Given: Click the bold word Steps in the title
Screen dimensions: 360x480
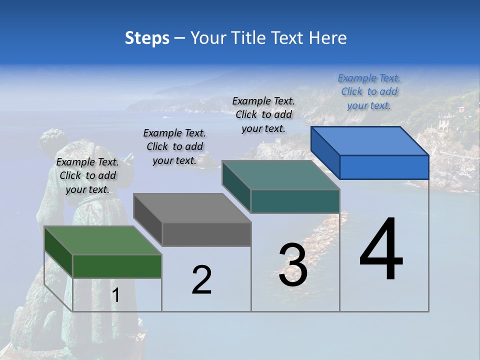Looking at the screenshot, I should [x=147, y=38].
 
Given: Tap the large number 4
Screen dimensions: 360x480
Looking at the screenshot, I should [x=381, y=250].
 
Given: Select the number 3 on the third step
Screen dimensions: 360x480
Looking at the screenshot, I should [x=293, y=265].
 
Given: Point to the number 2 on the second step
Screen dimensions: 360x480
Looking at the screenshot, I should [x=202, y=280].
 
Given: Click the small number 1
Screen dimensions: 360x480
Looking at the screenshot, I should [x=115, y=295].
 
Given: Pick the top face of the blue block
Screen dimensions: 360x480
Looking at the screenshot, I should [x=370, y=140].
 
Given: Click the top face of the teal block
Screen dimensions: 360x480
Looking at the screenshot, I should [x=281, y=175].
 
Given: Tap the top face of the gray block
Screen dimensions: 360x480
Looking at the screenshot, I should [x=192, y=208].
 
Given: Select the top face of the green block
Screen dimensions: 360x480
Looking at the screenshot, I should [x=103, y=240].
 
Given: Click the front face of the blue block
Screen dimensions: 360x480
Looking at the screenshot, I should [x=384, y=167].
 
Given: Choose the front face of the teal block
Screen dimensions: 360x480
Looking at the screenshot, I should [x=295, y=201].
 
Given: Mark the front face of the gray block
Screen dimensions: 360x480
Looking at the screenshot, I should [x=206, y=234].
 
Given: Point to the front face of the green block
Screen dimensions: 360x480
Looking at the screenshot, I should [x=117, y=266].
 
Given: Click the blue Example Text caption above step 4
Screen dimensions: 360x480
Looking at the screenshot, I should [x=369, y=91].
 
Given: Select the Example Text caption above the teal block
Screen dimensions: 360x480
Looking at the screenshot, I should [x=263, y=114].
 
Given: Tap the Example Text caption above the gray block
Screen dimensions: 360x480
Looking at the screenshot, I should [x=174, y=146].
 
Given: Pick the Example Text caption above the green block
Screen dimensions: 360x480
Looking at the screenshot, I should [x=87, y=175].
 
